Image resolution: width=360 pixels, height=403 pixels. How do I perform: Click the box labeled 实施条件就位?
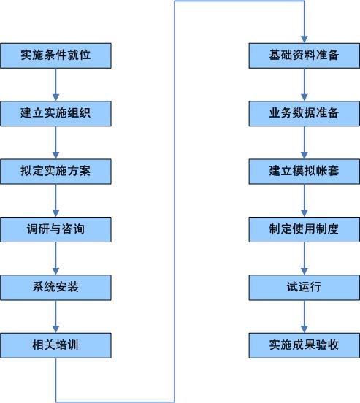(x=55, y=55)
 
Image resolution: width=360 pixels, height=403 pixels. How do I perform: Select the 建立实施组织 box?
(x=55, y=113)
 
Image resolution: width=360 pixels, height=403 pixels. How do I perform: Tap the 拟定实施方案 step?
(x=55, y=171)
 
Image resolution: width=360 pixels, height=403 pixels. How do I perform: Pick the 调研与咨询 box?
(x=55, y=229)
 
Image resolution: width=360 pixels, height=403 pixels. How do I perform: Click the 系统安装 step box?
(x=55, y=286)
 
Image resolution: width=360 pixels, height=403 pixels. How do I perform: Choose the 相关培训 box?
(x=55, y=343)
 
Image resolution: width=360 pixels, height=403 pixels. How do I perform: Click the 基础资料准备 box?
(x=304, y=55)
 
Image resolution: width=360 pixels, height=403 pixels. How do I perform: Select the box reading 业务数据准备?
(x=304, y=113)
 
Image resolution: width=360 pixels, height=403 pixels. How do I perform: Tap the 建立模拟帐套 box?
(x=304, y=171)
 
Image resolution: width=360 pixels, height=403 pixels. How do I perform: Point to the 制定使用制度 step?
(x=304, y=229)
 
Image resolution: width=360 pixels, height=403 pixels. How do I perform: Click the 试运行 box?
(x=304, y=286)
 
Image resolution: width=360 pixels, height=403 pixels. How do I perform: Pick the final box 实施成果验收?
(x=304, y=343)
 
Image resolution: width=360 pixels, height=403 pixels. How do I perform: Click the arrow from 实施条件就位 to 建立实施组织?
(x=55, y=85)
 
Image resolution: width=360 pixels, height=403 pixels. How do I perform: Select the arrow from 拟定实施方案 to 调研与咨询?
(x=55, y=200)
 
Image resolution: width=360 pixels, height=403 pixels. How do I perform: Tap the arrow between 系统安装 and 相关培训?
(x=55, y=315)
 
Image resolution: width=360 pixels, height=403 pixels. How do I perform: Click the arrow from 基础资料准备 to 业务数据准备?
(x=304, y=85)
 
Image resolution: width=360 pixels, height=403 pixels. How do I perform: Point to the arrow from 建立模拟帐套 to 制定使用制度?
(x=304, y=200)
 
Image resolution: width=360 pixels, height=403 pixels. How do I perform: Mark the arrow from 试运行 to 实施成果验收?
(x=304, y=315)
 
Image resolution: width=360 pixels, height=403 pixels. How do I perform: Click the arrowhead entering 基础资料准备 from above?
(x=304, y=39)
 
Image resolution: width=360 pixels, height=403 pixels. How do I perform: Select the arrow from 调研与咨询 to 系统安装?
(x=55, y=258)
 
